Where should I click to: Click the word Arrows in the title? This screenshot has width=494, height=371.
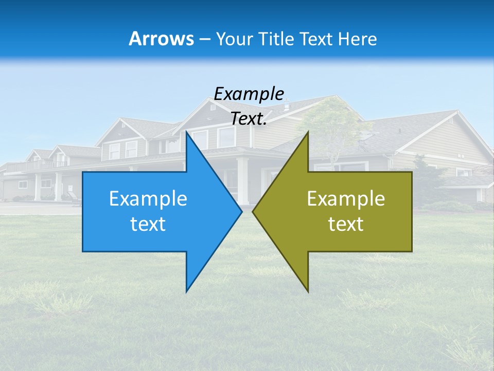pos(161,39)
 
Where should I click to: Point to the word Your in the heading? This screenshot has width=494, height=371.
pos(235,39)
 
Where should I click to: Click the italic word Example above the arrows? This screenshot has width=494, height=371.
pos(249,94)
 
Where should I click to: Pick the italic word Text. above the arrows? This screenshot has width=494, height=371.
pos(249,119)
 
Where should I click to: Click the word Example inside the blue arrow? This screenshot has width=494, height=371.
pos(148,198)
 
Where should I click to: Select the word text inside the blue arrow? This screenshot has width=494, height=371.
pos(148,224)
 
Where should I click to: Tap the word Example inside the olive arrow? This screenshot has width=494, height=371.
pos(346,198)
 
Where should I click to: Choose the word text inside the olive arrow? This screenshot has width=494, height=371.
pos(346,224)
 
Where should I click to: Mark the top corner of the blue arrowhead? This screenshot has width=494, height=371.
pos(187,132)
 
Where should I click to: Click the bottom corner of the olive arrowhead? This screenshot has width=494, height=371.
pos(308,291)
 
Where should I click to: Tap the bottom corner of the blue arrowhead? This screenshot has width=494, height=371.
pos(187,291)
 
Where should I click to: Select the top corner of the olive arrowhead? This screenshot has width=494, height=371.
pos(308,132)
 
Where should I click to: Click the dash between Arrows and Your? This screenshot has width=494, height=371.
pos(204,39)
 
